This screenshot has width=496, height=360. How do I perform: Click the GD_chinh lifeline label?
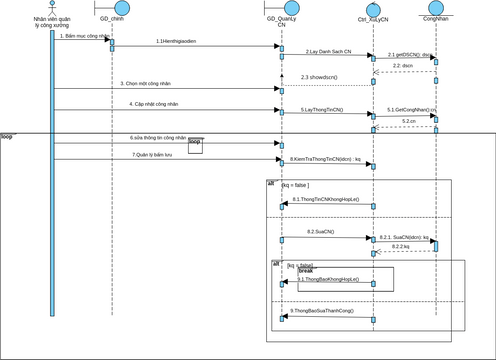pos(111,18)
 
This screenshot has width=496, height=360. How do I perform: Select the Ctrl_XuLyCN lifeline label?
pos(373,20)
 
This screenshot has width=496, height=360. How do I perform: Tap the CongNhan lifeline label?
pos(436,18)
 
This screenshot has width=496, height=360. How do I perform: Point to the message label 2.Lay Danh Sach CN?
pos(328,50)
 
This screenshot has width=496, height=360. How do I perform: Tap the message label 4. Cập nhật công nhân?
pos(154,103)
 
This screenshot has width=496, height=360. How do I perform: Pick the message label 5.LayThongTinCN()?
pos(323,109)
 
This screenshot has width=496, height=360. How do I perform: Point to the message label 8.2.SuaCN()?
pos(321,231)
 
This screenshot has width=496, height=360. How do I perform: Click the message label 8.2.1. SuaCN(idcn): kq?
pos(404,237)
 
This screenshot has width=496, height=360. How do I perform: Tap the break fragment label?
pos(306,271)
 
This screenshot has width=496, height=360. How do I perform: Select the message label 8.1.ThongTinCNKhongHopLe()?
pos(326,200)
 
